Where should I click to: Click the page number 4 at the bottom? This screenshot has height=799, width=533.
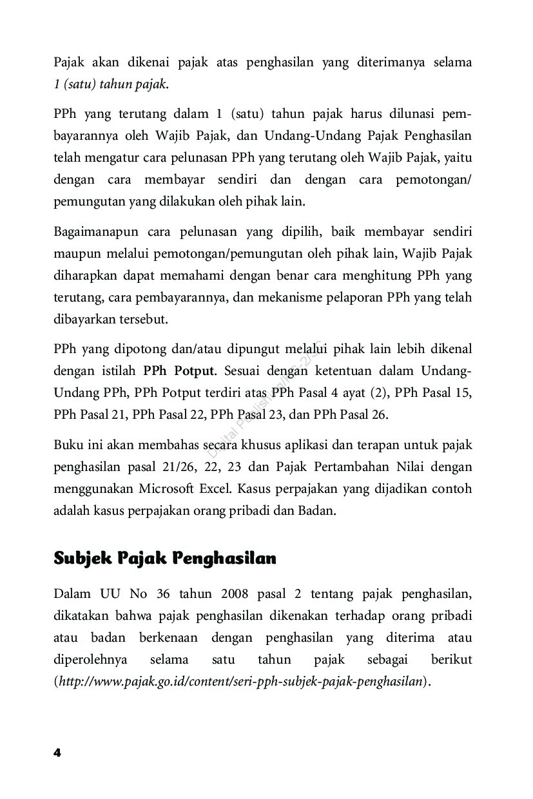click(57, 753)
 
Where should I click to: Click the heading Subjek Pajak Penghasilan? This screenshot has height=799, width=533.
click(165, 558)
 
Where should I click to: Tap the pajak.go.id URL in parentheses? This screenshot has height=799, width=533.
click(241, 681)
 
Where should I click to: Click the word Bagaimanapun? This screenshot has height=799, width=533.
click(95, 231)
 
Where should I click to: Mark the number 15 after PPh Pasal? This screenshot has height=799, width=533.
click(463, 392)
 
